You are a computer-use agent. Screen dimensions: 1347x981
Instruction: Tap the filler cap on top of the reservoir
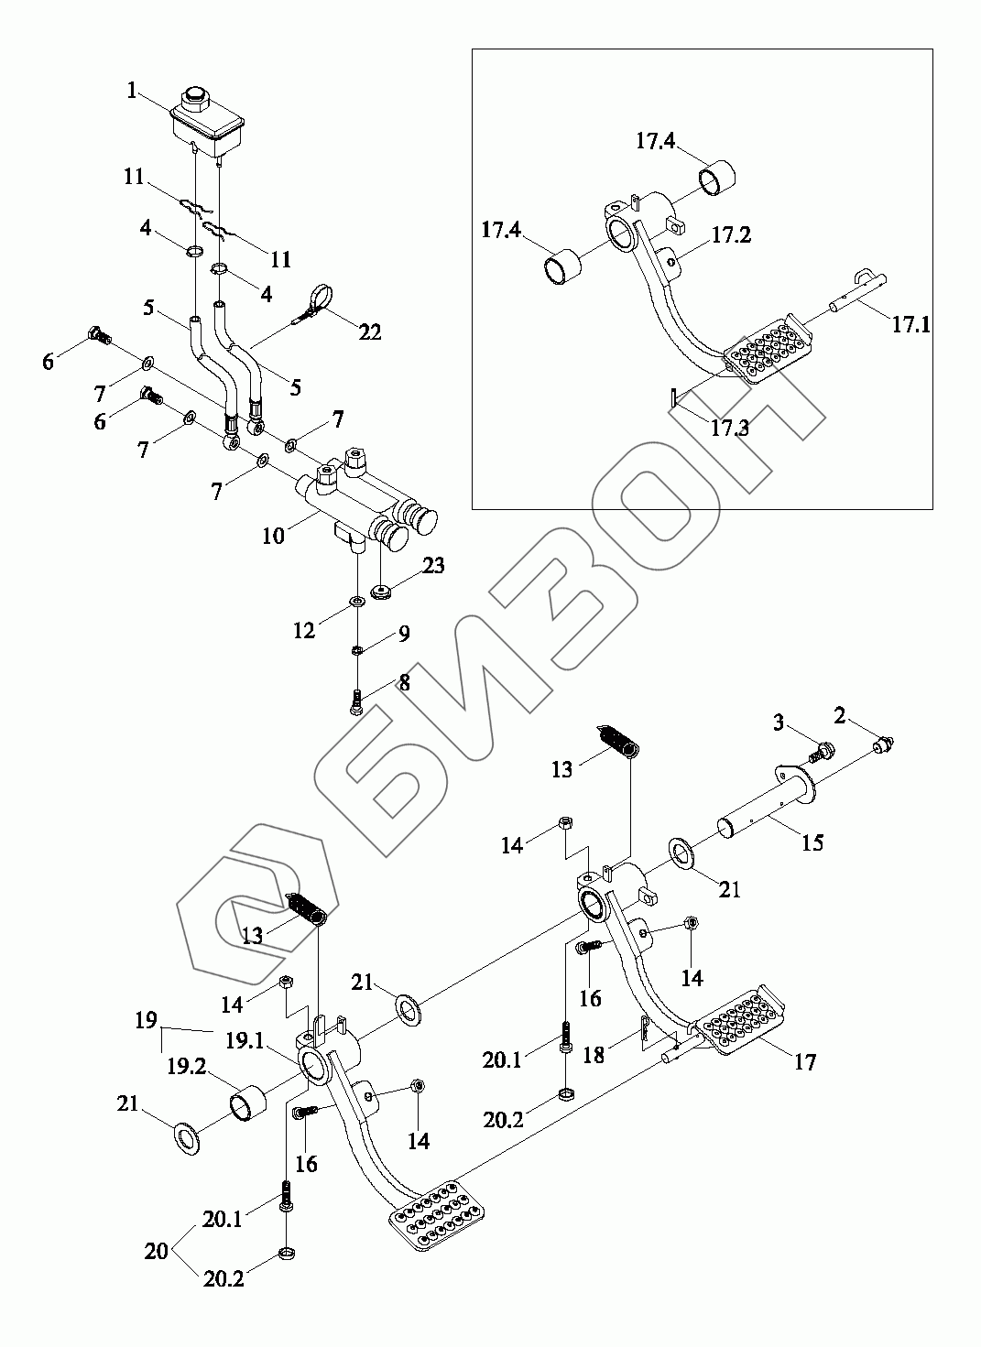pos(194,95)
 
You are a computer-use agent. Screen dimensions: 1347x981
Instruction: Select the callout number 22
pos(369,332)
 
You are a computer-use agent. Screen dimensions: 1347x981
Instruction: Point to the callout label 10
pos(273,536)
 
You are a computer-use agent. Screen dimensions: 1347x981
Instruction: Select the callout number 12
pos(304,630)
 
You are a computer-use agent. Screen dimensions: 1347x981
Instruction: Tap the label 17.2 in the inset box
pos(731,235)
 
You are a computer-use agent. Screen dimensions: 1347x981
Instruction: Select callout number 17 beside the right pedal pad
pos(805,1062)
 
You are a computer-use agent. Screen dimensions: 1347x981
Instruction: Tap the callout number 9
pos(403,635)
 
